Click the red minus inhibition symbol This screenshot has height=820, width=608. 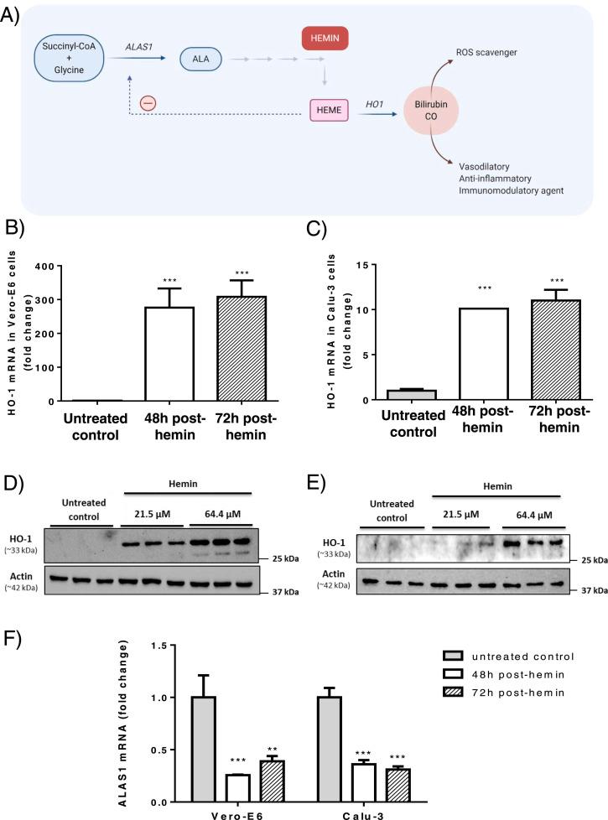(148, 103)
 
